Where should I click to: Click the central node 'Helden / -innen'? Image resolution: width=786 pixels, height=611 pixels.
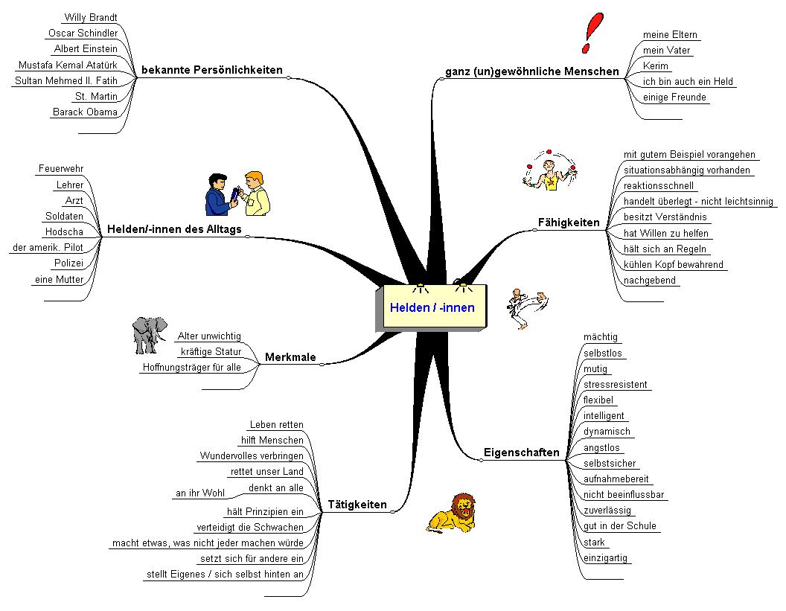pos(432,307)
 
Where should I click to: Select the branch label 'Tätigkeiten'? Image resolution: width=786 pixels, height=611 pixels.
pos(357,505)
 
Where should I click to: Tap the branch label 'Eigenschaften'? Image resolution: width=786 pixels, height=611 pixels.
pos(521,452)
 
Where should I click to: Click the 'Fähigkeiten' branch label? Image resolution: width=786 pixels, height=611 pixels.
pos(569,223)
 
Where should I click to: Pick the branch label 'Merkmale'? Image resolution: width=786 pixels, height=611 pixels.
pos(290,357)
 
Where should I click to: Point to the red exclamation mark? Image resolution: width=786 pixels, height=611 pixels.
pos(592,33)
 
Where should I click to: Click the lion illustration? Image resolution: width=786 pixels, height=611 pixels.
pos(452,513)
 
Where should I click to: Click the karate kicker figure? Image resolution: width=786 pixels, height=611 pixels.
pos(527,308)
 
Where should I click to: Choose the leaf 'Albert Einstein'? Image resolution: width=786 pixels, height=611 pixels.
pos(86,48)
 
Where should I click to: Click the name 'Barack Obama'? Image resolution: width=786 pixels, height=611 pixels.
pos(85,112)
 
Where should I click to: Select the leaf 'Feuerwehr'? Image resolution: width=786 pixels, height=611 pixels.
pos(61,169)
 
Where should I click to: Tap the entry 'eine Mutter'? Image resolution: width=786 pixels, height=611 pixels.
pos(59,280)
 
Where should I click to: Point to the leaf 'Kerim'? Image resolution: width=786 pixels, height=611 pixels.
pos(656,66)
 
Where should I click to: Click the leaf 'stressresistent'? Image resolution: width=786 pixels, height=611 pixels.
pos(616,385)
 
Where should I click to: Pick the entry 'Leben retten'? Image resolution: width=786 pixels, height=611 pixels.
pos(276,424)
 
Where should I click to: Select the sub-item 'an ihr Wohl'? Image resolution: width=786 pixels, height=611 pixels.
pos(199,493)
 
